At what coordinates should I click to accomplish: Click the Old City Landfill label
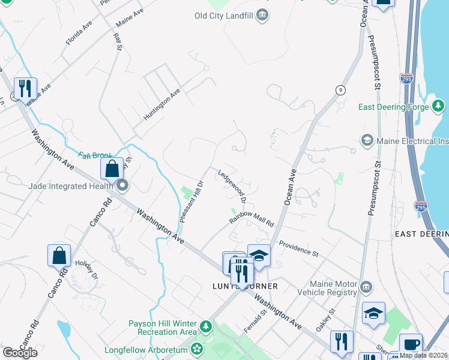[223, 15]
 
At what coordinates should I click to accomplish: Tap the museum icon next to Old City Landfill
[262, 15]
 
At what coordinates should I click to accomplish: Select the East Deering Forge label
[393, 107]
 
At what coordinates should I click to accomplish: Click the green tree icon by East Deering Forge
[439, 107]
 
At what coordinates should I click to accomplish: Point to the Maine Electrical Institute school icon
[366, 141]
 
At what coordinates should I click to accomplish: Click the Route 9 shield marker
[340, 90]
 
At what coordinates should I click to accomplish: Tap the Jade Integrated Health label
[70, 186]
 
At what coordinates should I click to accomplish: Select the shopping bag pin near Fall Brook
[112, 169]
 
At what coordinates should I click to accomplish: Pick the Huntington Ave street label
[161, 105]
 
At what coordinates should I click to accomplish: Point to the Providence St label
[298, 250]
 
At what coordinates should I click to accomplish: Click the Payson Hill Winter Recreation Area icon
[206, 327]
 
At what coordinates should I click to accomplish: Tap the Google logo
[20, 353]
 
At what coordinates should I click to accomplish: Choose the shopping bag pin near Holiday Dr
[59, 256]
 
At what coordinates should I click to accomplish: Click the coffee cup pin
[411, 344]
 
